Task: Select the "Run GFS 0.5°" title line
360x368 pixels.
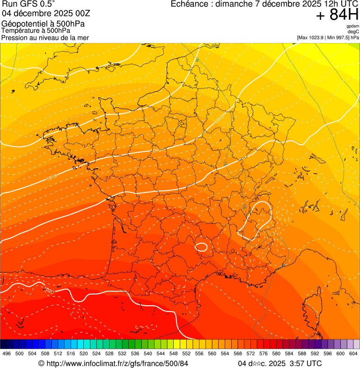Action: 28,4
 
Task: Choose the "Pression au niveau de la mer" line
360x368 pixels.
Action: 45,37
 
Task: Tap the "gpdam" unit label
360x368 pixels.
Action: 353,26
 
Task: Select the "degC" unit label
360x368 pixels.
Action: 353,32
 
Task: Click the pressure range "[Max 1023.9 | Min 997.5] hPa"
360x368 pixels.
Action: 328,37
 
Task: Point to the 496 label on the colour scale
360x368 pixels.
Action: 7,353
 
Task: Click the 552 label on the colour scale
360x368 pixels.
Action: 186,353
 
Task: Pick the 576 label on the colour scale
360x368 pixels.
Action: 263,353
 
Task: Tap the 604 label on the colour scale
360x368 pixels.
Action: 353,353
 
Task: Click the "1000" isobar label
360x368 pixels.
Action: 20,70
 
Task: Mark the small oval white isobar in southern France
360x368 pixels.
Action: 202,246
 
